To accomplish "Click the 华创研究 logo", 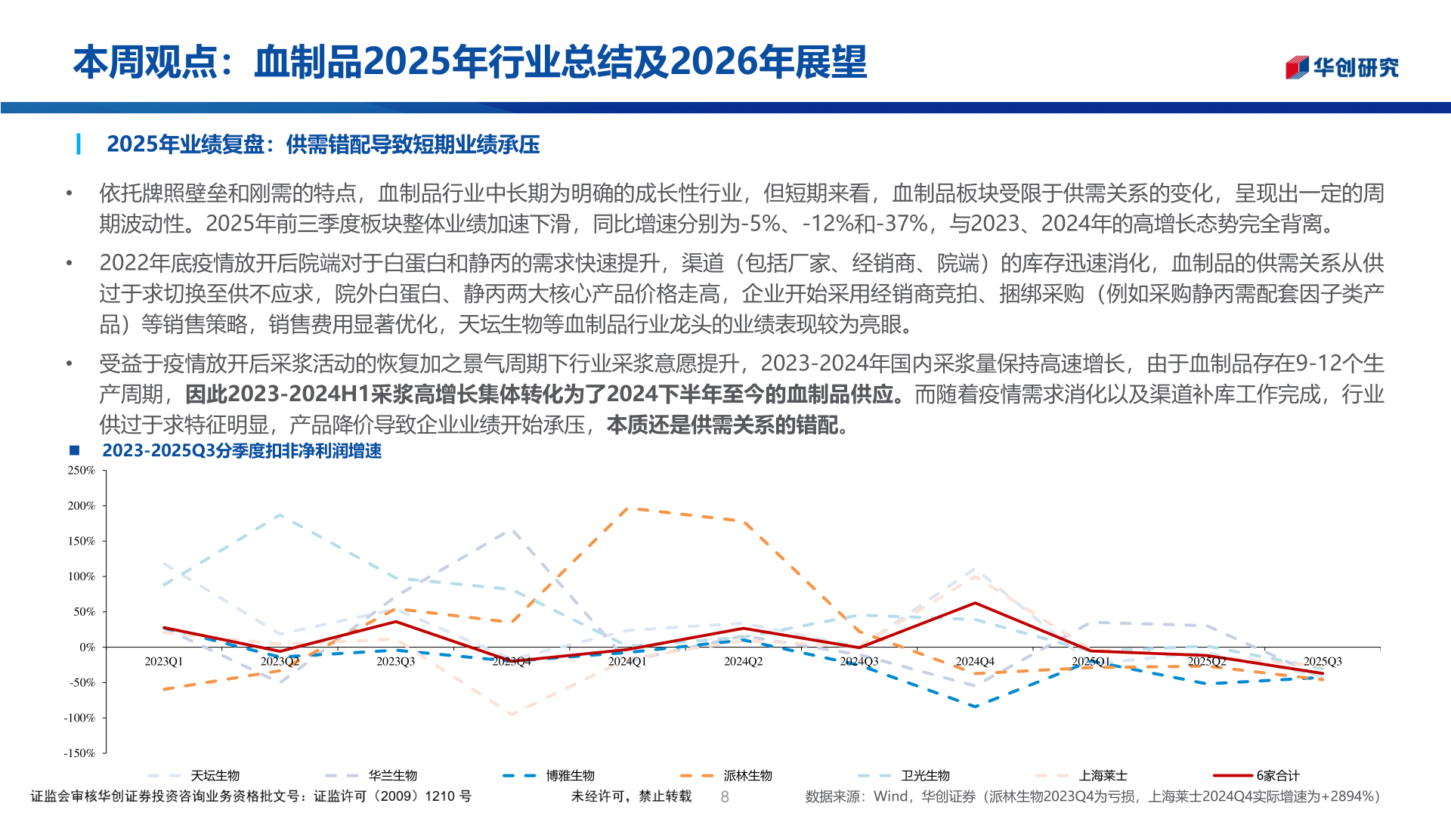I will [1342, 68].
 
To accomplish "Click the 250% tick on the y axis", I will [82, 470].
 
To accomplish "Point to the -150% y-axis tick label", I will [79, 753].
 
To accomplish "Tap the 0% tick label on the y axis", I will [88, 647].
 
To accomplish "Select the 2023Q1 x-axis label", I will [163, 661].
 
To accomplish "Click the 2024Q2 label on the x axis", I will [743, 661].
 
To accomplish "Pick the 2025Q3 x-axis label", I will [1323, 661].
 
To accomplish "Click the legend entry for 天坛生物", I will [215, 775].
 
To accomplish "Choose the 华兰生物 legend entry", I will [392, 775].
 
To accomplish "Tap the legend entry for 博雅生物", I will [570, 775].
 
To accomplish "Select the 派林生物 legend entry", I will [747, 775].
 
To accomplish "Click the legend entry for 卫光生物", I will [925, 775].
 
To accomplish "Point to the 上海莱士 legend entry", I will [1103, 775].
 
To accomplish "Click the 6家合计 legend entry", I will [1277, 775].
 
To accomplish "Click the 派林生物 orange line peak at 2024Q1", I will [628, 508].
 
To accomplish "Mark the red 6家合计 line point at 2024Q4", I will [975, 603].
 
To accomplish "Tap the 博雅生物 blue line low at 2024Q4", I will [975, 706].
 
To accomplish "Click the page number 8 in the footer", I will [725, 796].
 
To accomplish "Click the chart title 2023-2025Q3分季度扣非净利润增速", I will [242, 451].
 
